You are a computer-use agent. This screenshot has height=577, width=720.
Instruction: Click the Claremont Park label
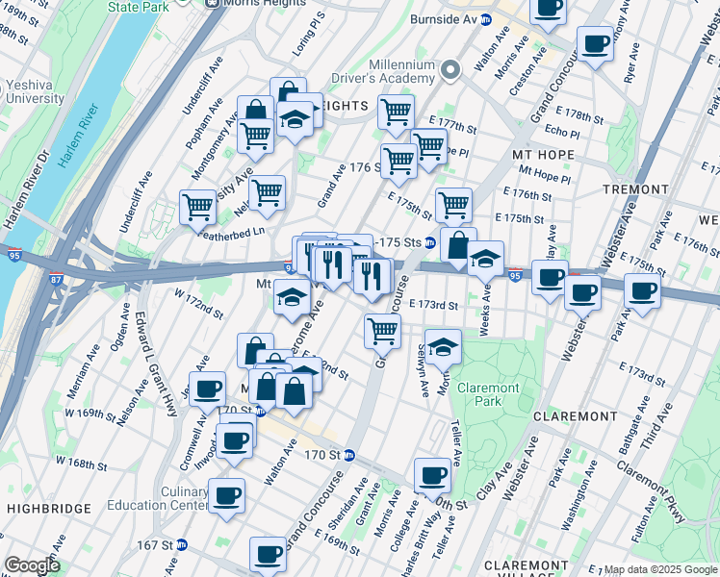click(488, 394)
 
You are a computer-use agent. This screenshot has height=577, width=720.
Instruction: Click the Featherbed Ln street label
click(231, 232)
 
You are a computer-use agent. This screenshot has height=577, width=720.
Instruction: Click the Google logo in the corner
click(32, 565)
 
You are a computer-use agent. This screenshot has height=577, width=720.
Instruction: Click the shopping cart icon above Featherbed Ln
click(197, 206)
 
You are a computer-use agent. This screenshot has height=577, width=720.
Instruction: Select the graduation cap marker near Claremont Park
click(443, 346)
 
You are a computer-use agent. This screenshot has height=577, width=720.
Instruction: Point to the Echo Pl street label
click(561, 130)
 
